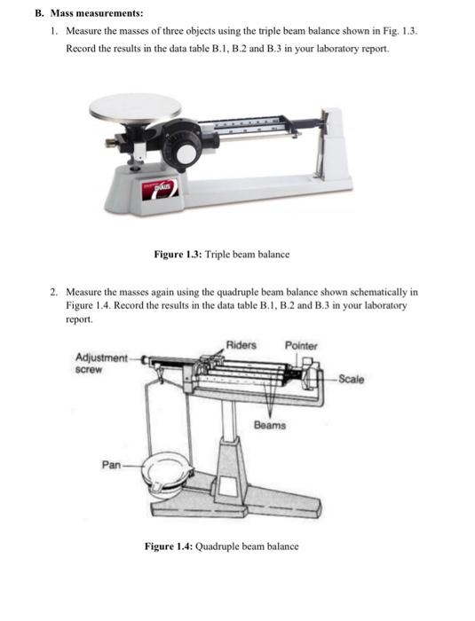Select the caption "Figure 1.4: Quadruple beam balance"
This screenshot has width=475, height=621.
(x=221, y=546)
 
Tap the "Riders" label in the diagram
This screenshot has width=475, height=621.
(x=241, y=344)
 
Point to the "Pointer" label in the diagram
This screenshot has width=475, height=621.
(x=300, y=344)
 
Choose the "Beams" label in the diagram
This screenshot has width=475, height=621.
(x=270, y=425)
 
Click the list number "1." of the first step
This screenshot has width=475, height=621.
(x=54, y=32)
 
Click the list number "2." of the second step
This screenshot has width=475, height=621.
(x=54, y=291)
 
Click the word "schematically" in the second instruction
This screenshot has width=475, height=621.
(x=377, y=291)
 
